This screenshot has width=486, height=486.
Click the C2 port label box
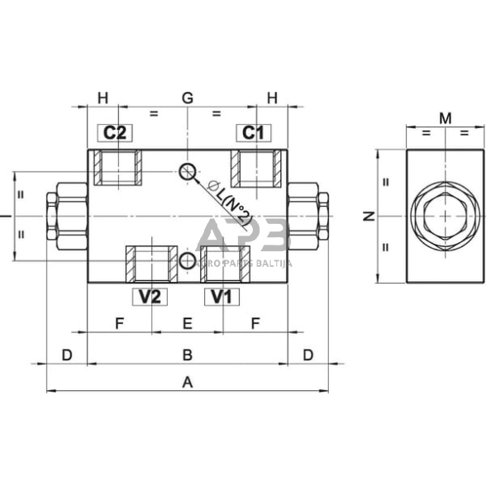[115, 132]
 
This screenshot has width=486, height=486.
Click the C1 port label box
[252, 132]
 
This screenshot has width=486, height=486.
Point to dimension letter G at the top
[188, 98]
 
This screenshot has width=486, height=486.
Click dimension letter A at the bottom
[188, 382]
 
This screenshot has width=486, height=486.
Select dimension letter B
[188, 355]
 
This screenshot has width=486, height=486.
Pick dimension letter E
[188, 323]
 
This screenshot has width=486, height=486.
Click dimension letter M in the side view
[445, 119]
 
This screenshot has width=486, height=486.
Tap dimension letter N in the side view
[369, 217]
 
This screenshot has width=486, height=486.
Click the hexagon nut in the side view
[445, 217]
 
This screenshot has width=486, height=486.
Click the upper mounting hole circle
[187, 171]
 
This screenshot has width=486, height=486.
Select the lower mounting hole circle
[187, 261]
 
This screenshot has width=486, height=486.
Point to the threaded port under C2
[116, 169]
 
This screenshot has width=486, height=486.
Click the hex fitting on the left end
[66, 217]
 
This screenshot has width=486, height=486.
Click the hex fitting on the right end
[309, 217]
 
